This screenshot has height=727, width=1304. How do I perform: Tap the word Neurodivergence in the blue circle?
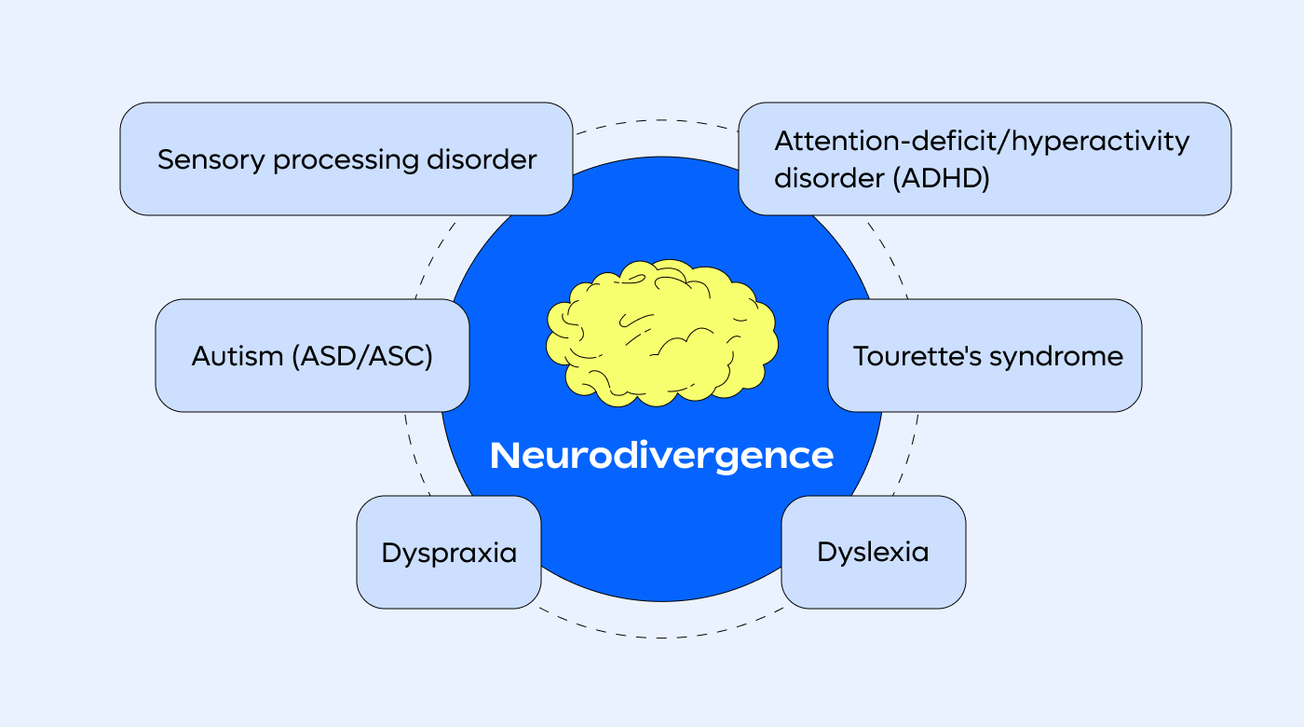[661, 456]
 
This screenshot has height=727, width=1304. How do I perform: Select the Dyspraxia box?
[449, 553]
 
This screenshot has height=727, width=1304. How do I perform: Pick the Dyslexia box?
[873, 552]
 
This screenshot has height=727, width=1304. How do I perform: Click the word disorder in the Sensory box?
[482, 159]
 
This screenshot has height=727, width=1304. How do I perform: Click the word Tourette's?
[909, 356]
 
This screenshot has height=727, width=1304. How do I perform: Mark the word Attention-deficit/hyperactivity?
[982, 142]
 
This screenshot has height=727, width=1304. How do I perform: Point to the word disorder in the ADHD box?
[829, 178]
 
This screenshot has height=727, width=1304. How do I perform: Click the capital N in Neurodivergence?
[503, 456]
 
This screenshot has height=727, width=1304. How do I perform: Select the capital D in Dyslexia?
[826, 551]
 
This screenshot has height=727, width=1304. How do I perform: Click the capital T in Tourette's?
[862, 356]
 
